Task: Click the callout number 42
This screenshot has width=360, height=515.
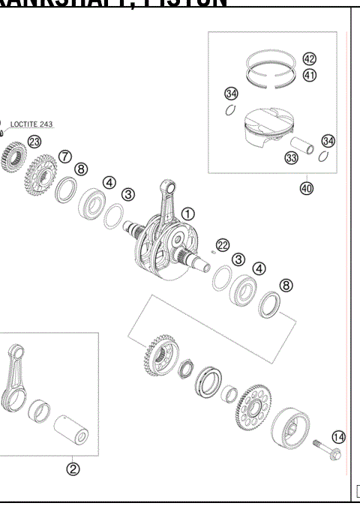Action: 310,58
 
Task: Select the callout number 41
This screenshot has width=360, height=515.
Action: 310,75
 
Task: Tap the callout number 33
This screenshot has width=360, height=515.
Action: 291,157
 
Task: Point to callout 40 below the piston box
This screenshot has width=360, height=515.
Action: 306,188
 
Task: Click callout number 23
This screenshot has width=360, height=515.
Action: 34,141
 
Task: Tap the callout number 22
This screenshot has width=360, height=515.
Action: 222,245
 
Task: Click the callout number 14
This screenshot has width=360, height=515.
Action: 339,436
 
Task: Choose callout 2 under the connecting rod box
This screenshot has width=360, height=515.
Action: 73,470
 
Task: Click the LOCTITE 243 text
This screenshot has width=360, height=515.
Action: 31,124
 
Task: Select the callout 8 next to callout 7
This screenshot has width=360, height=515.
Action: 81,169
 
